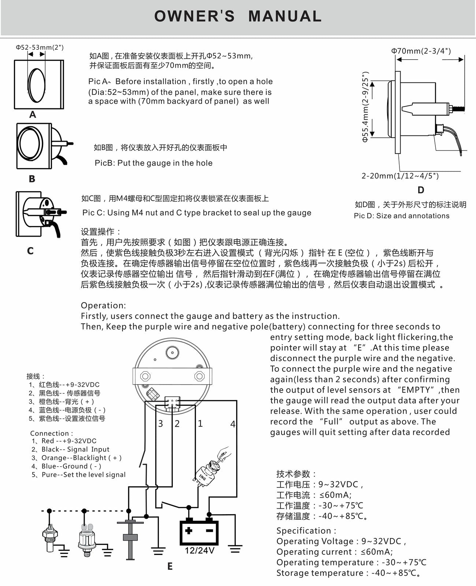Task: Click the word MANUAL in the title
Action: (x=285, y=16)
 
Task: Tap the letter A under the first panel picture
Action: (x=33, y=114)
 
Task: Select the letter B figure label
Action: (x=32, y=179)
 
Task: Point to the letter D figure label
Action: (x=421, y=190)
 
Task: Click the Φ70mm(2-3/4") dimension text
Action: (x=421, y=51)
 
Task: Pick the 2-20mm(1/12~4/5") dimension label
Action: (x=400, y=176)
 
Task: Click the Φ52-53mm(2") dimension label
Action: (x=40, y=47)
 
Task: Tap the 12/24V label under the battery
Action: (x=199, y=550)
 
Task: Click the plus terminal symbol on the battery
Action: (x=189, y=530)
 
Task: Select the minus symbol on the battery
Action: (x=209, y=530)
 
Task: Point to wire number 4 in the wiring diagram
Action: (x=233, y=424)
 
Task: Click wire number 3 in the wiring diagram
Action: (x=161, y=423)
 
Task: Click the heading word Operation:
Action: (x=103, y=305)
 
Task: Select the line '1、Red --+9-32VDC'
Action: (x=64, y=441)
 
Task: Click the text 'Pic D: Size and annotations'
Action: (x=401, y=216)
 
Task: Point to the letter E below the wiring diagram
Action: (x=170, y=566)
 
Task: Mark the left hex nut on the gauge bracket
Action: (x=145, y=376)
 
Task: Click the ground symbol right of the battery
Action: (x=235, y=549)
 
